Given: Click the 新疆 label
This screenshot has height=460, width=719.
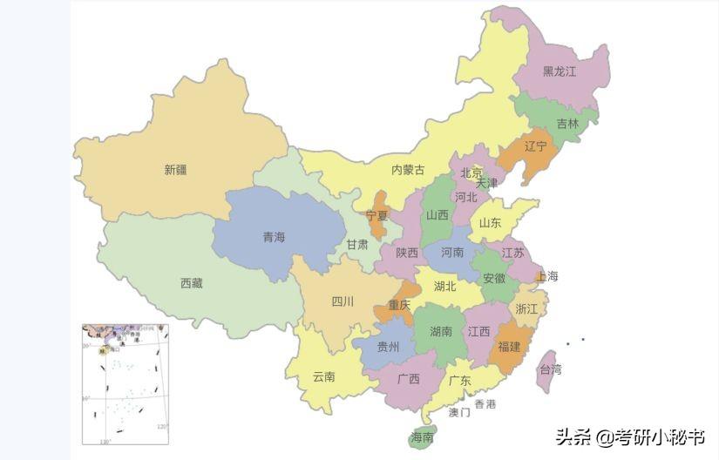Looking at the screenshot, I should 175,170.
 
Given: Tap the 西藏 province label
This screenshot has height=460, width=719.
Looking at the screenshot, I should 192,283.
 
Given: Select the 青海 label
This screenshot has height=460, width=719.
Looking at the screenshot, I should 274,237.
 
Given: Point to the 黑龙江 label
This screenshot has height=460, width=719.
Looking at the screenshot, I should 560,71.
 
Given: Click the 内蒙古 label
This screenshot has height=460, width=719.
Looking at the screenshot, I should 408,170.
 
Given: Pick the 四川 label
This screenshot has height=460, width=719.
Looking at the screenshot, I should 343,301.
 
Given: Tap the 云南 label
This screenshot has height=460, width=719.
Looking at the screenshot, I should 323,376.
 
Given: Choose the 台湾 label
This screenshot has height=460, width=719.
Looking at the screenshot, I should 551,369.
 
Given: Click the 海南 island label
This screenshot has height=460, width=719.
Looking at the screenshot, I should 422,436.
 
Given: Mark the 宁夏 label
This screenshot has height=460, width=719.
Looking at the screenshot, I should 377,215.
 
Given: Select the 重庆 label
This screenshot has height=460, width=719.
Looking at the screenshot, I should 399,305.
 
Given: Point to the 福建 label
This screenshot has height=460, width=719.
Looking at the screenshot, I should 509,346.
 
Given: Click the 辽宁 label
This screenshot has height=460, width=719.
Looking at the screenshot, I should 536,146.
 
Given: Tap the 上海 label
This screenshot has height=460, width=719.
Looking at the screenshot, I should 547,276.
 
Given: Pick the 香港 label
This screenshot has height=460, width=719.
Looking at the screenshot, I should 485,404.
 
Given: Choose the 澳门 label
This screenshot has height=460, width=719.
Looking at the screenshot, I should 459,412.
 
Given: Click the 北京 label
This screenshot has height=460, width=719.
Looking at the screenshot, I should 471,172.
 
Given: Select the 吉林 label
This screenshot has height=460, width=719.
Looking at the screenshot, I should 567,124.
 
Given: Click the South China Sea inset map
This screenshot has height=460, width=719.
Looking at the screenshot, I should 125,384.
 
